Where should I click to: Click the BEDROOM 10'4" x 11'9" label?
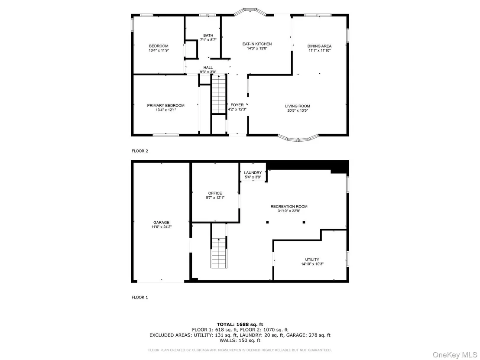pyautogui.click(x=159, y=48)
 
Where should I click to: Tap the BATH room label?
pyautogui.click(x=208, y=38)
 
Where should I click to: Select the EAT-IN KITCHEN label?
pyautogui.click(x=257, y=46)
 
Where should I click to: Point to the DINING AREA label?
pyautogui.click(x=319, y=49)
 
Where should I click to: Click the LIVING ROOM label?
pyautogui.click(x=298, y=108)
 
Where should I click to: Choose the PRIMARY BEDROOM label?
pyautogui.click(x=165, y=107)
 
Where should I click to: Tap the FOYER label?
pyautogui.click(x=237, y=107)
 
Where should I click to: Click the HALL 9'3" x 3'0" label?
pyautogui.click(x=208, y=70)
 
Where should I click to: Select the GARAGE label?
pyautogui.click(x=161, y=225)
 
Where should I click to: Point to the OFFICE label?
pyautogui.click(x=215, y=195)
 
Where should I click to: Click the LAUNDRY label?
pyautogui.click(x=253, y=175)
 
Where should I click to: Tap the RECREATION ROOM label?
pyautogui.click(x=289, y=208)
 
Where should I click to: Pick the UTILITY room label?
pyautogui.click(x=312, y=261)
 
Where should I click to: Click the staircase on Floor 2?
pyautogui.click(x=219, y=94)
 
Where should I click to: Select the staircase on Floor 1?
pyautogui.click(x=219, y=253)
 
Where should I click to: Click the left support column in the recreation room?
pyautogui.click(x=267, y=222)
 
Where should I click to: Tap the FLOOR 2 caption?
pyautogui.click(x=140, y=151)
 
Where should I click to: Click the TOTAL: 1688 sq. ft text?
pyautogui.click(x=240, y=324)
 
